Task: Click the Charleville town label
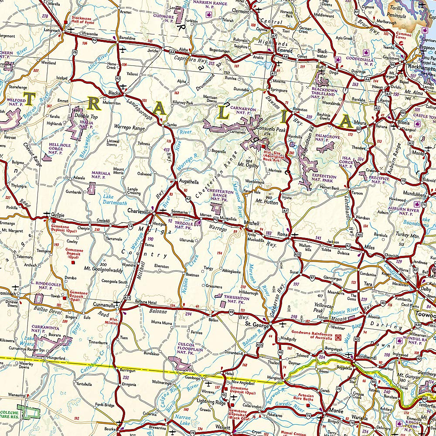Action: tap(139, 211)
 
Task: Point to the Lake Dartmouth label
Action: tap(115, 200)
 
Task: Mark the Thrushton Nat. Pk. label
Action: tap(236, 299)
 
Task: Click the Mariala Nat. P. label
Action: tap(101, 175)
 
